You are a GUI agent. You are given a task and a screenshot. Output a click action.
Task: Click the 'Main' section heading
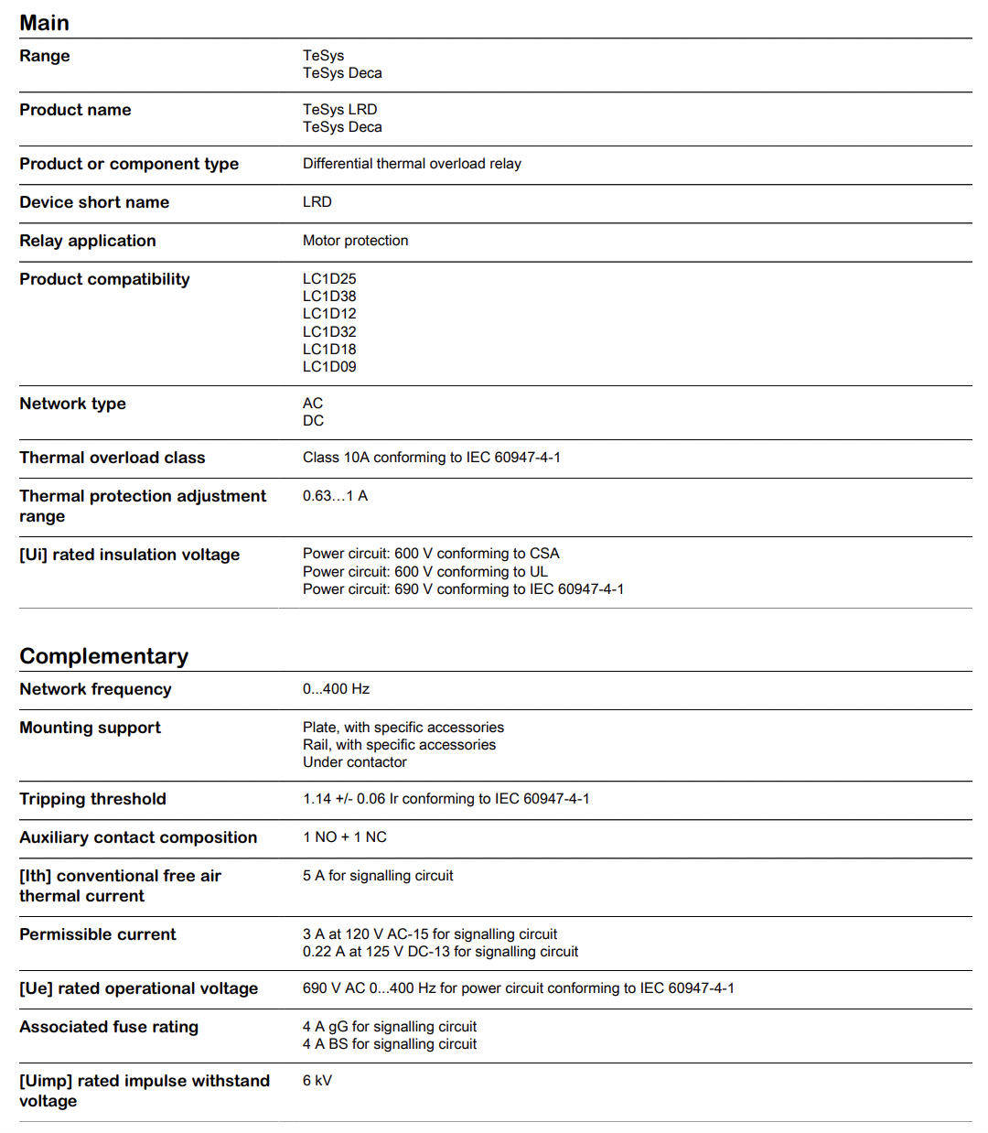(44, 23)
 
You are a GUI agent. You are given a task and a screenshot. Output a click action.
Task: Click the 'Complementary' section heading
(103, 656)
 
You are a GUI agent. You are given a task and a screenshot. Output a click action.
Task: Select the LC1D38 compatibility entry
(329, 297)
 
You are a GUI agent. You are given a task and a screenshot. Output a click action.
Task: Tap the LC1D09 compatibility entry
(329, 367)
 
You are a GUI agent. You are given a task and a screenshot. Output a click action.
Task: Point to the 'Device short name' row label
(94, 202)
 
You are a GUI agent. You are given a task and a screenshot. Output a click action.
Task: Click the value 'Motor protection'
(355, 241)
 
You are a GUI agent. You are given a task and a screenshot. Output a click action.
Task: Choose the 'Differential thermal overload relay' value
(412, 164)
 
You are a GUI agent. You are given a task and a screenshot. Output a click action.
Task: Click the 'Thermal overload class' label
(113, 458)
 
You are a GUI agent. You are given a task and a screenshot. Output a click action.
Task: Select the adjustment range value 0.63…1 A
(335, 496)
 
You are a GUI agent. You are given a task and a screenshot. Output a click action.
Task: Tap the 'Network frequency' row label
(95, 689)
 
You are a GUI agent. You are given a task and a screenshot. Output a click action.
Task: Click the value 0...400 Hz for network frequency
(336, 689)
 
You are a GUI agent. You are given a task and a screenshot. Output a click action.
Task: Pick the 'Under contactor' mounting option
(355, 762)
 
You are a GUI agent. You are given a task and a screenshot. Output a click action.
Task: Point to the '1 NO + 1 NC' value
(344, 837)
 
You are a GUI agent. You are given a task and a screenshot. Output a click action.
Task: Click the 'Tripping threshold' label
(92, 799)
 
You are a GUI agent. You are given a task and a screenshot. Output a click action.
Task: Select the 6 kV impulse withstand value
(317, 1081)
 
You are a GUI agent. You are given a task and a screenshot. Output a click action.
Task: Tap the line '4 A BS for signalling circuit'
(390, 1044)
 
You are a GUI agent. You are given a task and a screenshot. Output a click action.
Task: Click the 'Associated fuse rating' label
(109, 1027)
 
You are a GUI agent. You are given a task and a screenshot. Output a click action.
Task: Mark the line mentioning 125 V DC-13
(440, 952)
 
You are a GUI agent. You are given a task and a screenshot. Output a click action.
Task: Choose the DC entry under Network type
(313, 421)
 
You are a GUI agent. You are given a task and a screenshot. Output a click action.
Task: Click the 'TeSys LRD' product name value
(339, 110)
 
